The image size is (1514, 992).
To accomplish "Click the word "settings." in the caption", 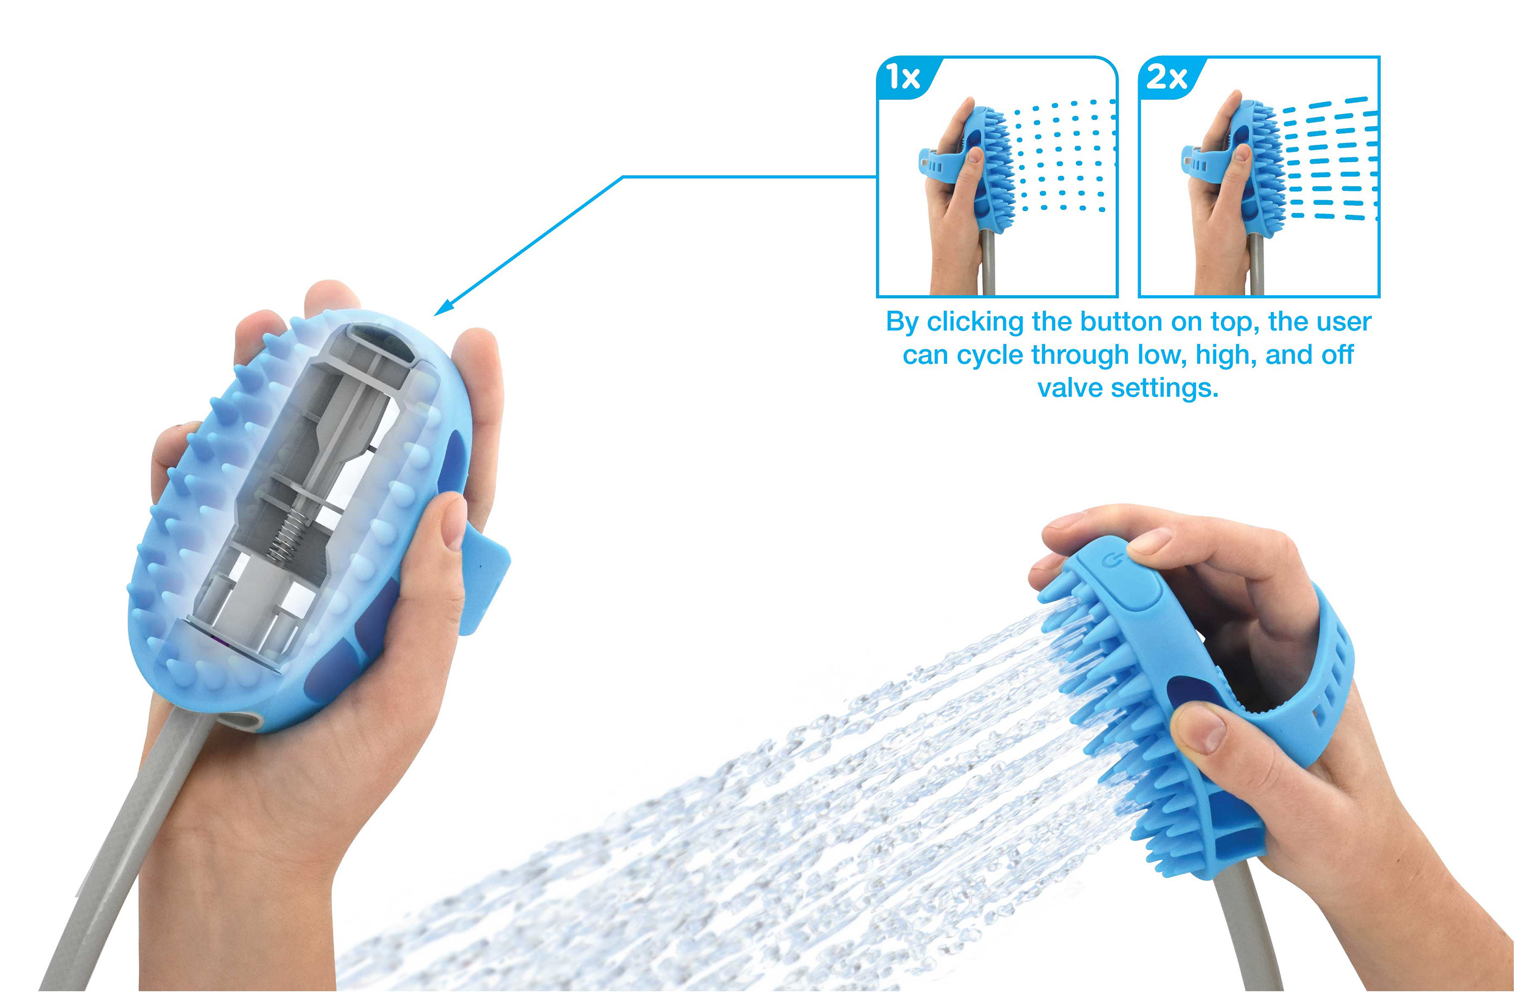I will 1164,389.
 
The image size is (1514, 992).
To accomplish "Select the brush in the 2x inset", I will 1257,169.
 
